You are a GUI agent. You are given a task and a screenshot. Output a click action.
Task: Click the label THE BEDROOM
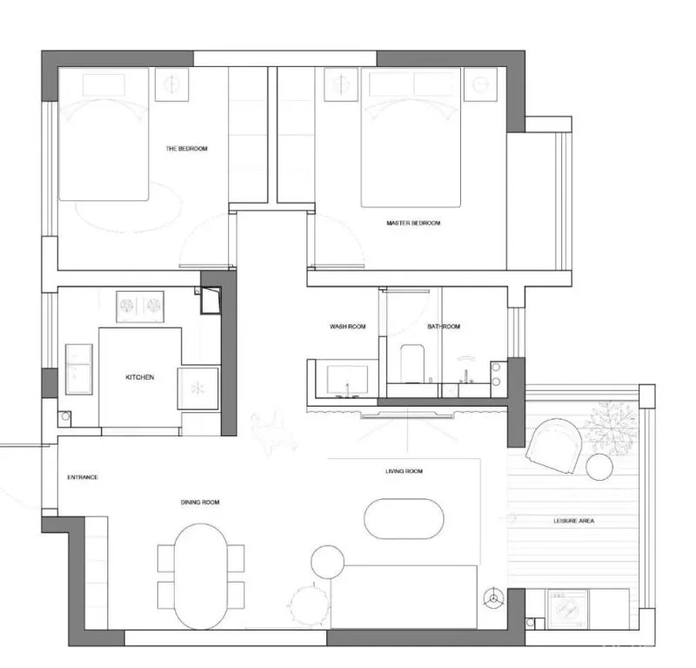pos(186,148)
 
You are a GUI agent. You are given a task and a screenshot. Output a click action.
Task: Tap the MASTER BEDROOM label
pos(413,223)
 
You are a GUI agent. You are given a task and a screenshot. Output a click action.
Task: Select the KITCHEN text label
pos(140,377)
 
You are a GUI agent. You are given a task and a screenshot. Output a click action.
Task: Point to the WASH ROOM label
pos(347,327)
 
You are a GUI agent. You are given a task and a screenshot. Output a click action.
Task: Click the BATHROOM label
pos(444,327)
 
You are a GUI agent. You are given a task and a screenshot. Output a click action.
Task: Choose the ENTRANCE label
pos(83,477)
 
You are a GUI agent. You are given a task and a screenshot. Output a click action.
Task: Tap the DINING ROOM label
pos(200,503)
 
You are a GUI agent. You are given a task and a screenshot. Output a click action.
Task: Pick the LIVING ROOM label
pos(404,471)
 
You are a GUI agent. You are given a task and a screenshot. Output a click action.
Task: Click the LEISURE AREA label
pos(574,521)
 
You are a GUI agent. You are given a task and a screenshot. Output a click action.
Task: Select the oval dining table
pos(201,577)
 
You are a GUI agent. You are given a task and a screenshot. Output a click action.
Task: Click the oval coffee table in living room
pos(404,519)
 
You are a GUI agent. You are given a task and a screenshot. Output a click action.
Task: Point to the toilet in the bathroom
pos(412,363)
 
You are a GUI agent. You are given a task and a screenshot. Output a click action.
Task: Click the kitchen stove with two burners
pos(140,307)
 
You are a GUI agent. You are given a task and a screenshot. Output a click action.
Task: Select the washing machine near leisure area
pos(568,609)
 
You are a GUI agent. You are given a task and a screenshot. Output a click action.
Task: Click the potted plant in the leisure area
pos(612,428)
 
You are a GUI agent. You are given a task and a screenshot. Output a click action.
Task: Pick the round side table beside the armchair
pos(599,467)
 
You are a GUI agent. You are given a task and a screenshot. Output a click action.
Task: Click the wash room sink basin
pos(347,380)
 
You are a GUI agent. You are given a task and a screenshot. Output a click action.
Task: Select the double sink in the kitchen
pos(78,369)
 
